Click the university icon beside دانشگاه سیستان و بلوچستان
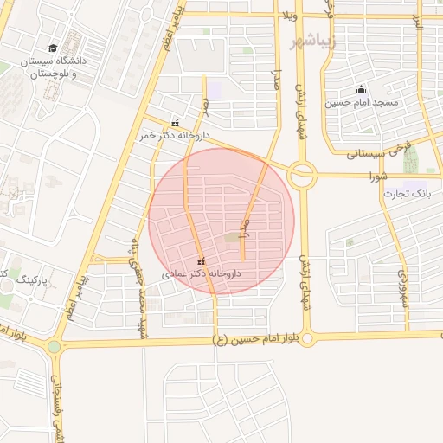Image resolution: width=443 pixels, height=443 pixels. point(54,48)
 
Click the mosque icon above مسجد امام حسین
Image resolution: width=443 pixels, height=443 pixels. point(361,90)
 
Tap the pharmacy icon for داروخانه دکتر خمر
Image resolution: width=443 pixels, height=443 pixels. point(177,123)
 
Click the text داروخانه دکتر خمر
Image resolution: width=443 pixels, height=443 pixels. point(176,136)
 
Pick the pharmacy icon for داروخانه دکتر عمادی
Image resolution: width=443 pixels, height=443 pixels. point(202,260)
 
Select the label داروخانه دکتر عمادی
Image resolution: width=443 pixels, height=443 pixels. point(201,273)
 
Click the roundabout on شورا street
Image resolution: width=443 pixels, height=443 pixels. point(302,176)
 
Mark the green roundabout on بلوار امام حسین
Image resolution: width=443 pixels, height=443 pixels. point(55,347)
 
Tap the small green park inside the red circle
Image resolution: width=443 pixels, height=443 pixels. point(233,238)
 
